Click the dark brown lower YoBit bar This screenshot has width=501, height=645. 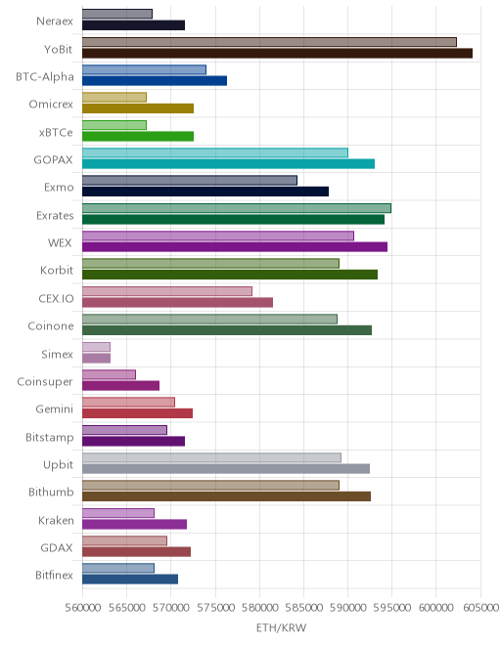pos(277,53)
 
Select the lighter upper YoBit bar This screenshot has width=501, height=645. pos(269,42)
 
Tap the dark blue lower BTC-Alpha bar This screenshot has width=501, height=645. pos(155,80)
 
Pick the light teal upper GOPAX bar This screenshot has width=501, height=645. pos(215,152)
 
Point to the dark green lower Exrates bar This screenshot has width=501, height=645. pos(233,219)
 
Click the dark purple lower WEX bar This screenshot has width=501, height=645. pos(235,247)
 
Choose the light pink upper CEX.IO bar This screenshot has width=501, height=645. pos(167,291)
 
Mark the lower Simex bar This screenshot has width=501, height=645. pos(97,358)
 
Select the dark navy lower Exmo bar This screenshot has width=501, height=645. pos(205,192)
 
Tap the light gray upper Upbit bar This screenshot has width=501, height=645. pos(211,457)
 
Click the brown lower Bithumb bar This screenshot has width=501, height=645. pos(227,496)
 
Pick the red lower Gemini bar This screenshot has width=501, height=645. pos(138,413)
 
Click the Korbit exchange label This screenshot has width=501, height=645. pos(57,271)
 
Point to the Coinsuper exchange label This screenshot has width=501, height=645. pos(45,382)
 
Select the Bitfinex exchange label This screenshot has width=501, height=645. pos(54,575)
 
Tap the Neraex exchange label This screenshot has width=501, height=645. pos(55,21)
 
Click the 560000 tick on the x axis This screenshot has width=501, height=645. pos(83,608)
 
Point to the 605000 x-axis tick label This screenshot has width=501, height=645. pos(480,608)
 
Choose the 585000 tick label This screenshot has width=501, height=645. pos(304,608)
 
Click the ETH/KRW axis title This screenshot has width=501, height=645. pos(282,627)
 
